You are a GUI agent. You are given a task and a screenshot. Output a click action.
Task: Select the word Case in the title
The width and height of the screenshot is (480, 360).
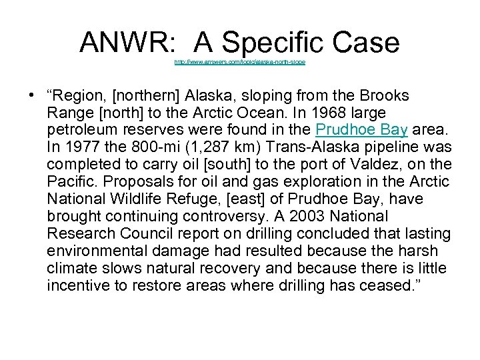(x=367, y=44)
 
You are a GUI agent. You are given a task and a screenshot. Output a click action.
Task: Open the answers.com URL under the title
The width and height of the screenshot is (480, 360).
(x=239, y=62)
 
